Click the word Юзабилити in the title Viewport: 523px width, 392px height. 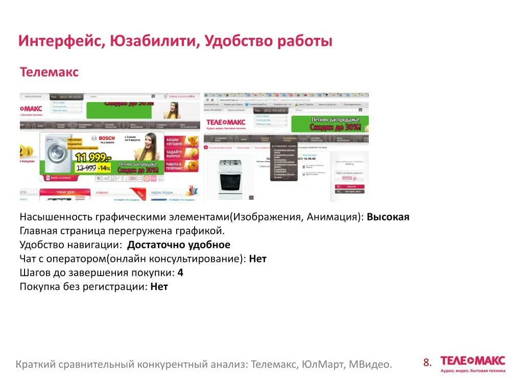(152, 41)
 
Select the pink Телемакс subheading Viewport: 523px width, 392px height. (49, 72)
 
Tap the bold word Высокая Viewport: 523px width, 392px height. (388, 217)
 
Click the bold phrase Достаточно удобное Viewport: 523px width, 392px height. (178, 244)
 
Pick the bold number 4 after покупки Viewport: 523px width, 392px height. (180, 273)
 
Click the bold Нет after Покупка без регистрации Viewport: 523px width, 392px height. (159, 286)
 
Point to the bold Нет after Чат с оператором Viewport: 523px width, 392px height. (257, 259)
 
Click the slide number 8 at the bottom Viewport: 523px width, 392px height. (427, 363)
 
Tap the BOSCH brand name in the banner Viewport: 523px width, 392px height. (107, 138)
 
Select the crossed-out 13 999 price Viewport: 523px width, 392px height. (85, 167)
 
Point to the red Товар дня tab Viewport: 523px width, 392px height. (65, 193)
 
